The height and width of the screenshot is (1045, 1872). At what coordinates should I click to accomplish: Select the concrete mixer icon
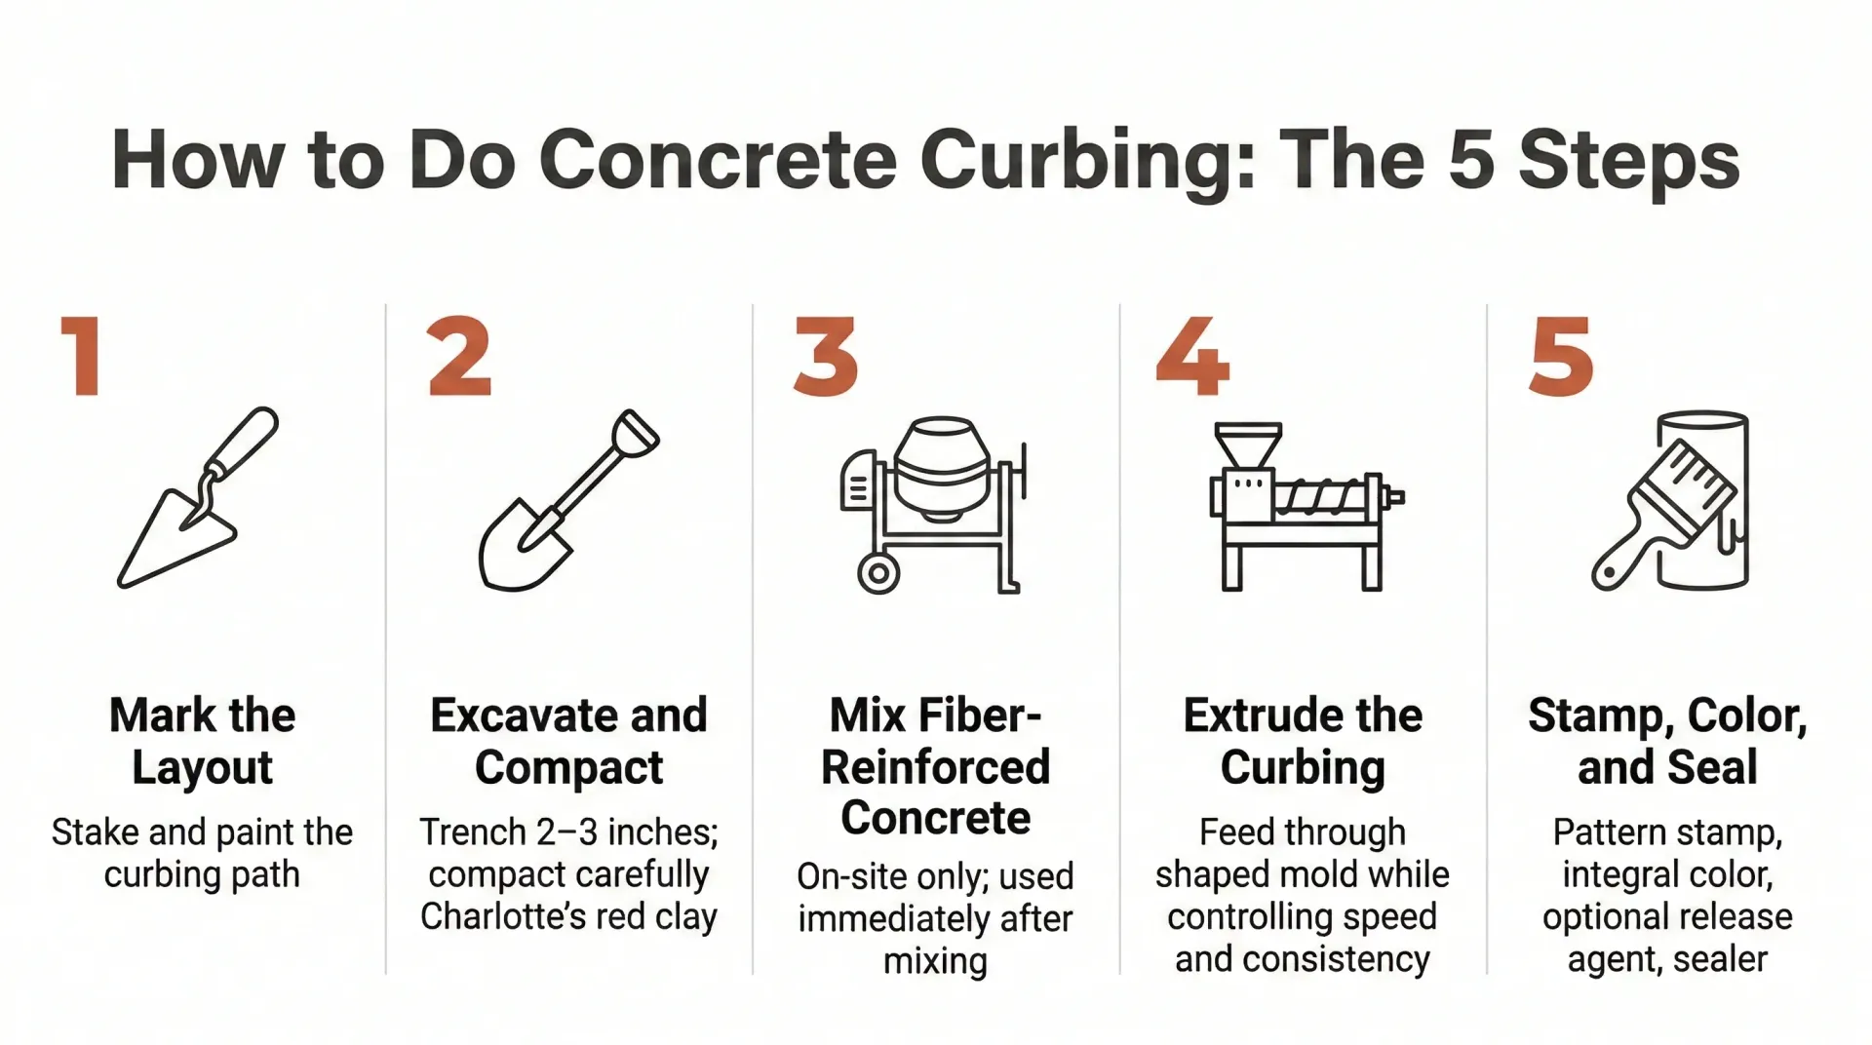pyautogui.click(x=933, y=505)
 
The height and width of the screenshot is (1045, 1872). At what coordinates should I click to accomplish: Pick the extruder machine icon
pyautogui.click(x=1305, y=507)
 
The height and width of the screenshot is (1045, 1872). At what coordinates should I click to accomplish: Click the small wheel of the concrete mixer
pyautogui.click(x=878, y=573)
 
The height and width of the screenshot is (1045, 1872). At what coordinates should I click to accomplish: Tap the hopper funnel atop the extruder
pyautogui.click(x=1248, y=445)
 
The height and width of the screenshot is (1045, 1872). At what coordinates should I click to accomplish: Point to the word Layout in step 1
pyautogui.click(x=203, y=767)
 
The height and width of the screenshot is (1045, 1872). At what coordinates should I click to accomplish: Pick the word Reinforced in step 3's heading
pyautogui.click(x=936, y=767)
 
